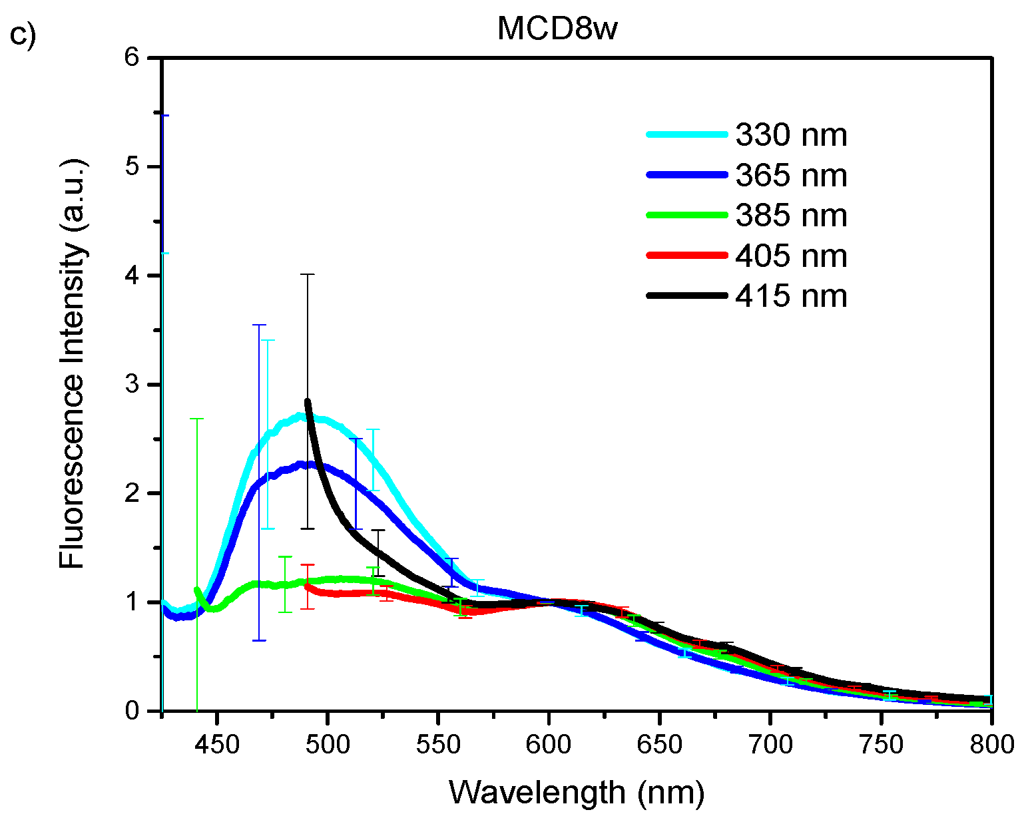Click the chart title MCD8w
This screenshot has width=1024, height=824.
[x=557, y=30]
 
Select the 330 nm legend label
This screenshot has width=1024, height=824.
[x=791, y=135]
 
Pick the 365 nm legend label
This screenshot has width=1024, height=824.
[x=791, y=176]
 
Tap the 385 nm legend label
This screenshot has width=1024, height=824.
[x=791, y=216]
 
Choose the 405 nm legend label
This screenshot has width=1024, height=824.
[x=791, y=256]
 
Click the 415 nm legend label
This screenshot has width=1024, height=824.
[x=791, y=296]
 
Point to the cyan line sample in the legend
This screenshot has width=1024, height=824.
[x=686, y=134]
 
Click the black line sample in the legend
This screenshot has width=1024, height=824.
[x=686, y=295]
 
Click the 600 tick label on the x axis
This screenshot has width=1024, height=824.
[x=549, y=744]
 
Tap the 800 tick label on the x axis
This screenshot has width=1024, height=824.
[x=991, y=744]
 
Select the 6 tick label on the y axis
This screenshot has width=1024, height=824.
[x=131, y=58]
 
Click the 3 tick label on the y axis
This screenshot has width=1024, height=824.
[x=131, y=385]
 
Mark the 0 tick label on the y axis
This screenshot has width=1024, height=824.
[x=131, y=711]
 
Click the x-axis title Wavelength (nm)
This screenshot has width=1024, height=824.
[x=577, y=793]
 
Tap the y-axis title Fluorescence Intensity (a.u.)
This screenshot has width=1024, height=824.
[x=73, y=363]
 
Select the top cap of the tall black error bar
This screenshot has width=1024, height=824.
[x=307, y=274]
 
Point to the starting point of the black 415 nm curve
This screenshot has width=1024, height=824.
[x=307, y=401]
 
